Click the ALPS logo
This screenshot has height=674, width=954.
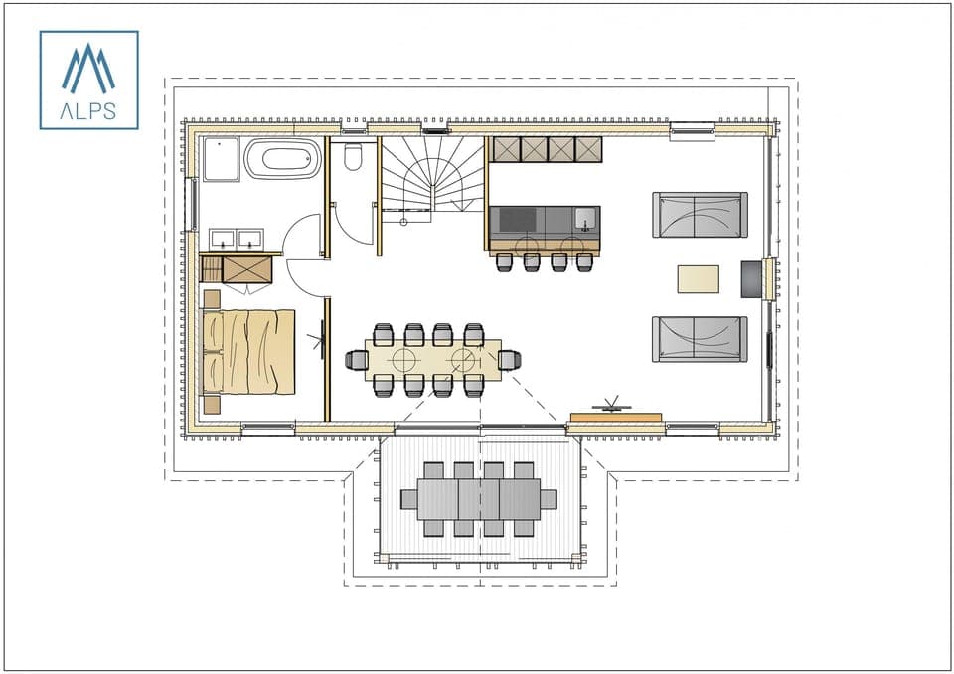[x=88, y=80]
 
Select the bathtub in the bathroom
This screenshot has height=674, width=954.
[x=283, y=158]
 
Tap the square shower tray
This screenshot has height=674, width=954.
[x=221, y=159]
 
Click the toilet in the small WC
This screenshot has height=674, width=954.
[x=353, y=156]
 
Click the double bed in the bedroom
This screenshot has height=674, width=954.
[x=248, y=352]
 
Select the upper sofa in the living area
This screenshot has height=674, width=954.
[x=700, y=215]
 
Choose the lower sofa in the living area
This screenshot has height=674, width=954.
[x=700, y=339]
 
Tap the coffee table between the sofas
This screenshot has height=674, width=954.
[x=698, y=278]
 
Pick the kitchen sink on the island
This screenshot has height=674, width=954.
[x=584, y=219]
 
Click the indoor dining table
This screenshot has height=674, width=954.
[x=432, y=360]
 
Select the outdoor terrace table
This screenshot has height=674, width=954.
[x=478, y=498]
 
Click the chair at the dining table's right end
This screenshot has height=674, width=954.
[x=510, y=360]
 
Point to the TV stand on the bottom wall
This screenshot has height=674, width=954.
[x=615, y=417]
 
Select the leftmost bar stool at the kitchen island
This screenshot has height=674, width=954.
[x=504, y=261]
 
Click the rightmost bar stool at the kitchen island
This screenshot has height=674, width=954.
[x=585, y=261]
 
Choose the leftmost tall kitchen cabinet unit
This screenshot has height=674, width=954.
[x=506, y=149]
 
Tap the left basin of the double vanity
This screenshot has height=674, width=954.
[x=223, y=239]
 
